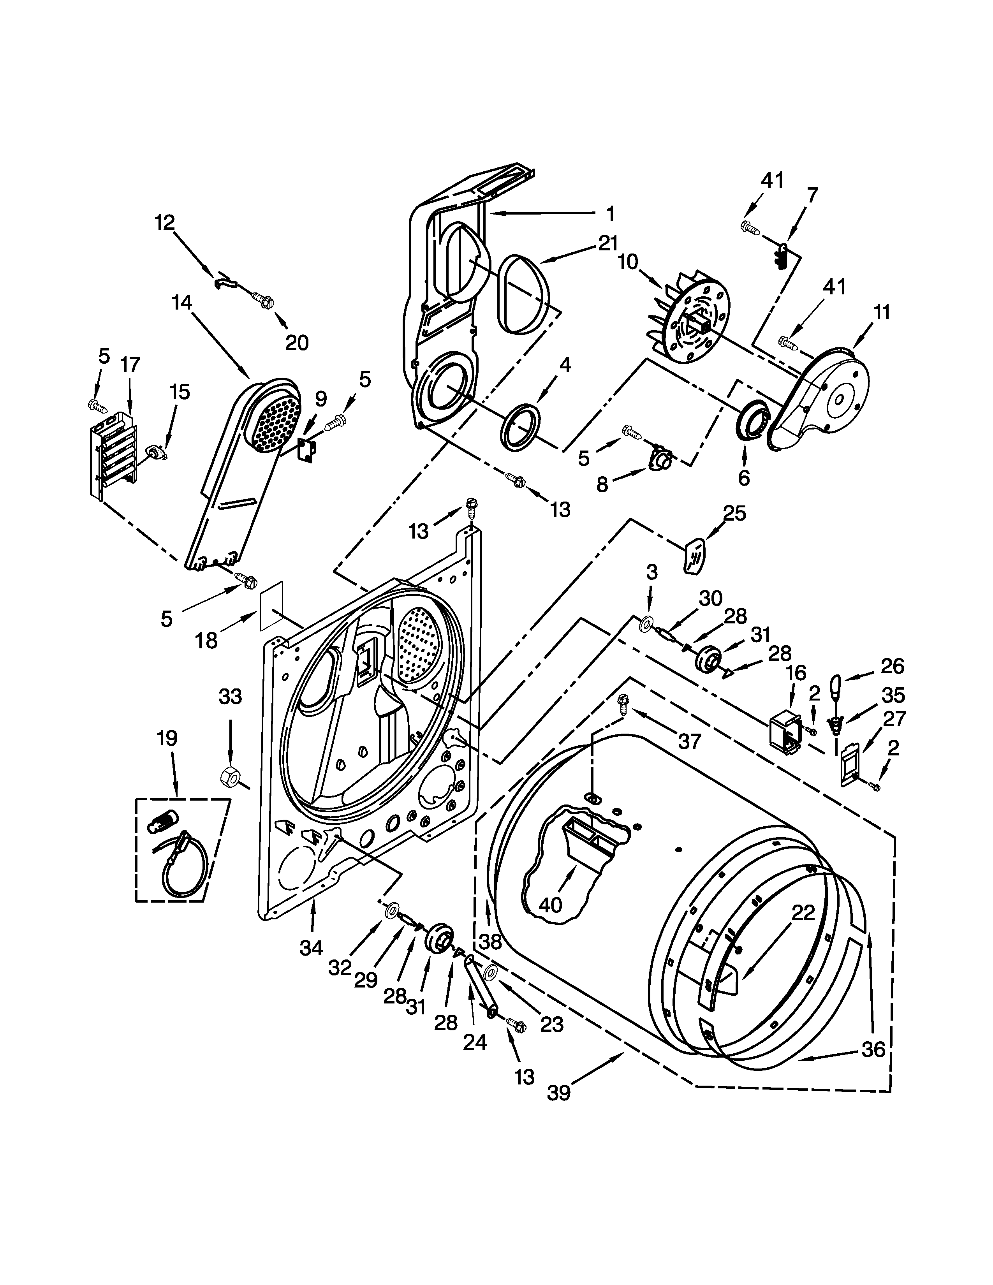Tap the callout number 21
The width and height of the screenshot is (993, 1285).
coord(608,243)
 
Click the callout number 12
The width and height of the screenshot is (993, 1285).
coord(165,223)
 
